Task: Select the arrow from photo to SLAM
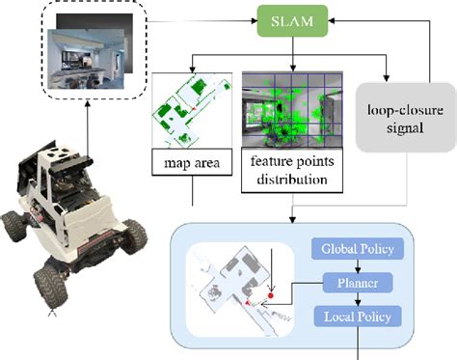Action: (199, 18)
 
